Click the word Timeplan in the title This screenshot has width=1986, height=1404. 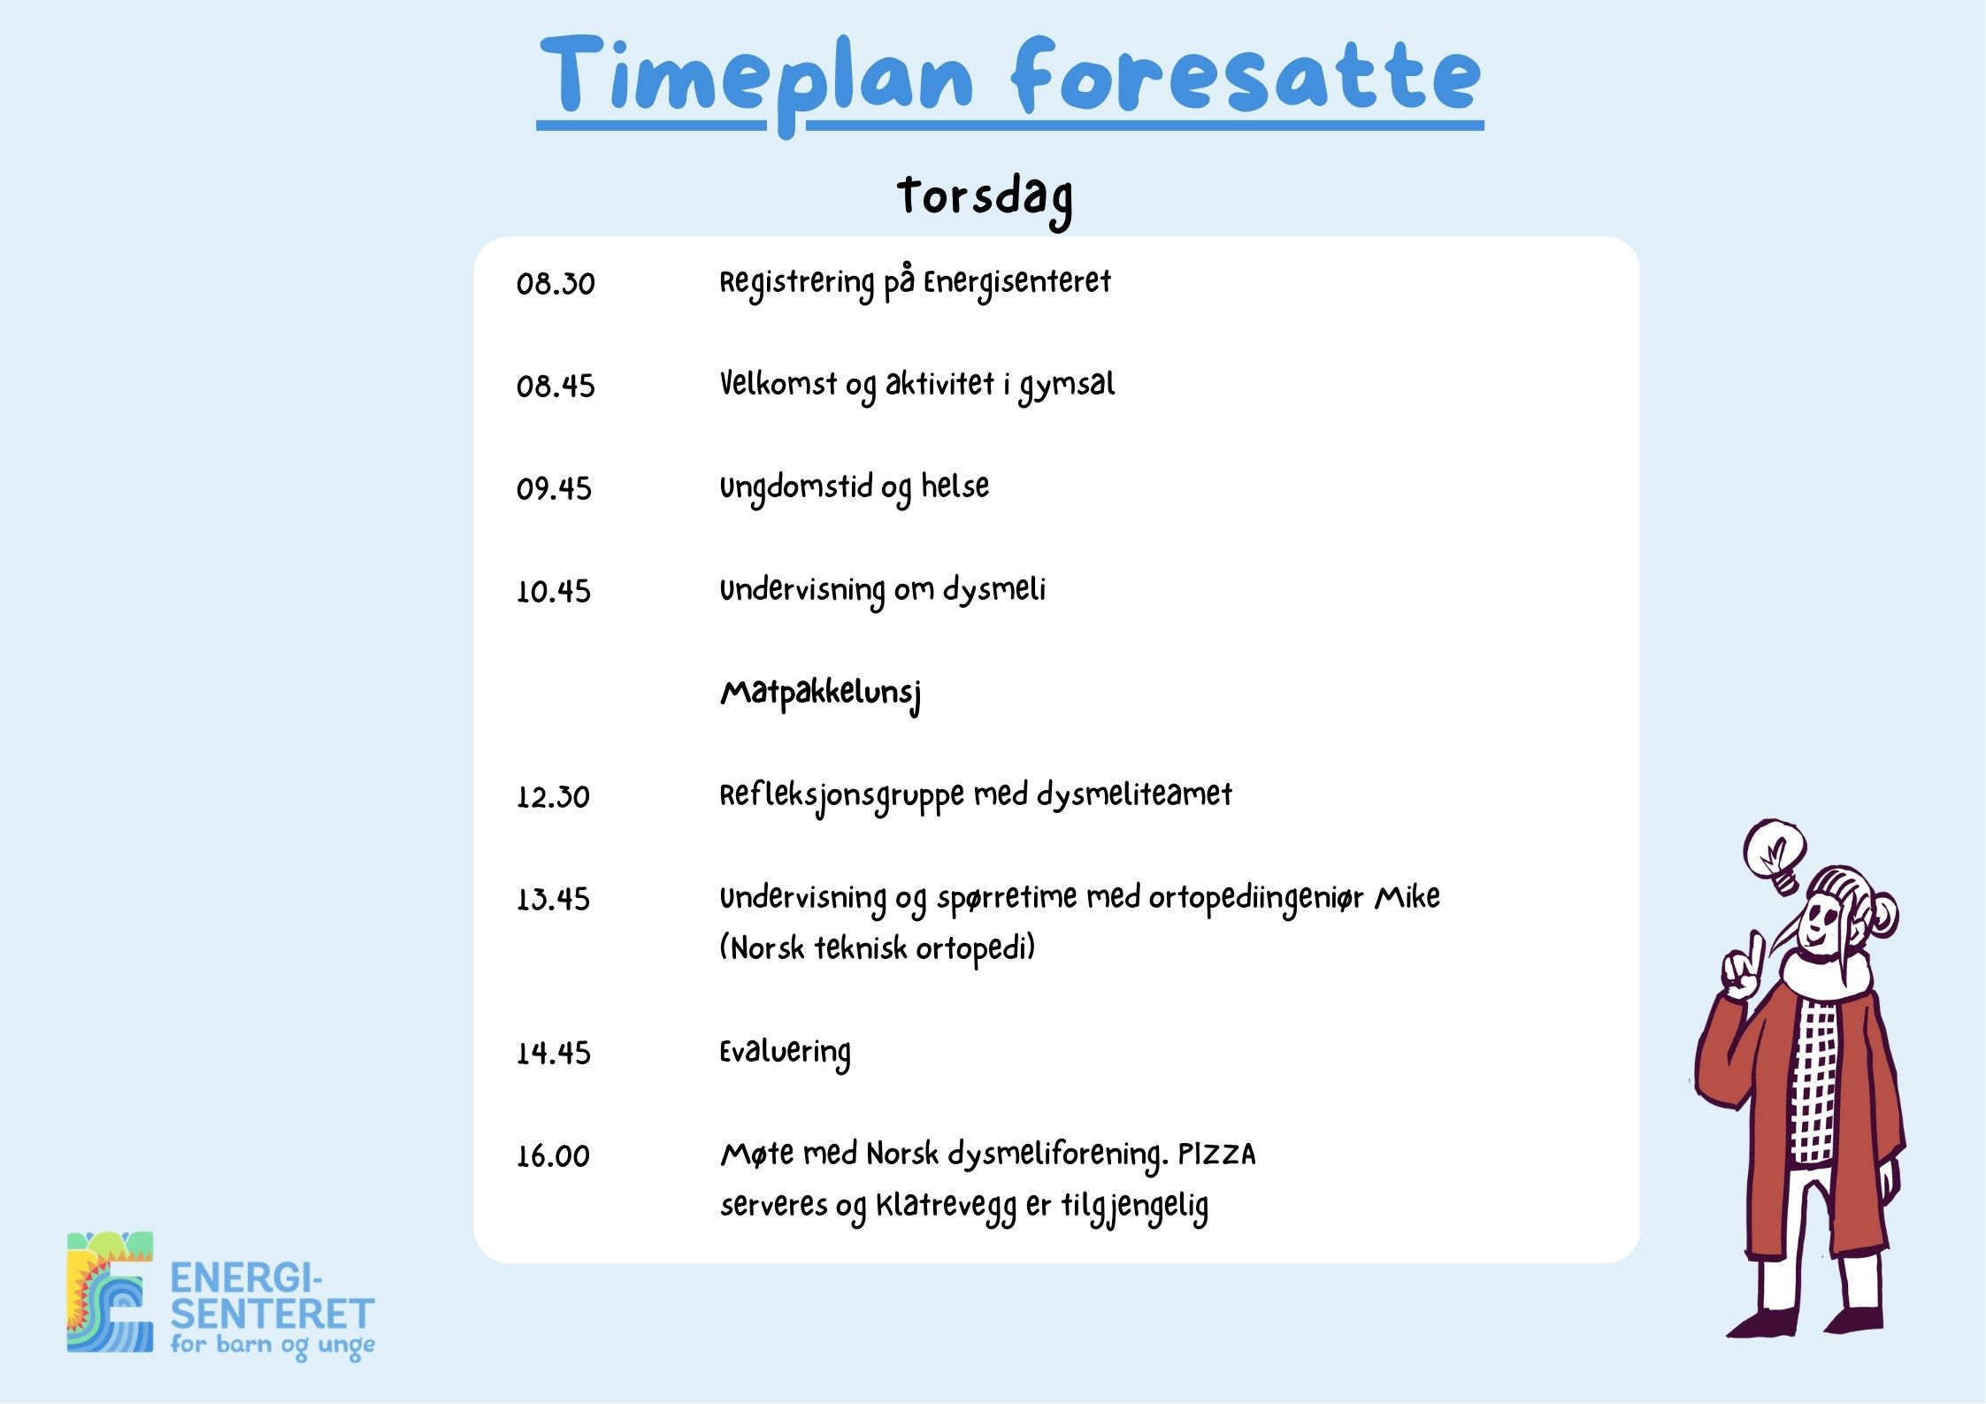pyautogui.click(x=756, y=80)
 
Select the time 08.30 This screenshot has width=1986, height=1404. pyautogui.click(x=556, y=284)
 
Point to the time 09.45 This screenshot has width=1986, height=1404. pyautogui.click(x=554, y=489)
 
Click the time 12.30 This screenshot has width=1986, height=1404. pyautogui.click(x=553, y=797)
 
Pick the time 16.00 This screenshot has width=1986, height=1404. pyautogui.click(x=553, y=1156)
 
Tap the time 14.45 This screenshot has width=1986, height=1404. pyautogui.click(x=553, y=1054)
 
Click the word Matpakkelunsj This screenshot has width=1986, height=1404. pyautogui.click(x=821, y=694)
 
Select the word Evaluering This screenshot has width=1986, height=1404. pyautogui.click(x=785, y=1053)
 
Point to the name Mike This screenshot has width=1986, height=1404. pyautogui.click(x=1407, y=898)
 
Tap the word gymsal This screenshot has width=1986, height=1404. pyautogui.click(x=1067, y=386)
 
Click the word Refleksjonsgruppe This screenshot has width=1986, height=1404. pyautogui.click(x=841, y=796)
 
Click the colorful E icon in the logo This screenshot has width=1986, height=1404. pyautogui.click(x=111, y=1293)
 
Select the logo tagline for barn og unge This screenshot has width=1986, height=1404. pyautogui.click(x=272, y=1346)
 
